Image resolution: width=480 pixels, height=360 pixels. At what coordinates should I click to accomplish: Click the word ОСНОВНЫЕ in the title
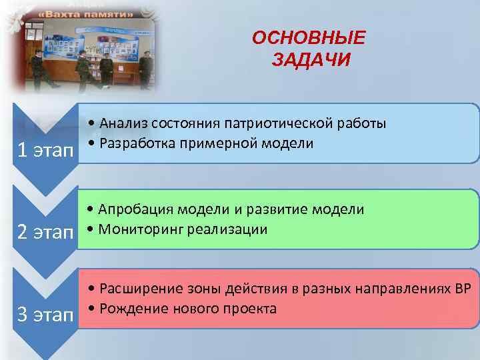[309, 38]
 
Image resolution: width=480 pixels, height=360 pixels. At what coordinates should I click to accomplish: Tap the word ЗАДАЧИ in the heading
[311, 61]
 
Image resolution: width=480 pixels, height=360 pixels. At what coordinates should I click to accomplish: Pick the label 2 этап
[45, 233]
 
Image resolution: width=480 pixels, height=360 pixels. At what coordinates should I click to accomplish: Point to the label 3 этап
[45, 315]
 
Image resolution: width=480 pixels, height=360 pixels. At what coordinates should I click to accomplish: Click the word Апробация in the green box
[134, 209]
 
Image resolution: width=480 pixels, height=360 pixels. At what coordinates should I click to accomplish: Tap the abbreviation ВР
[462, 289]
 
